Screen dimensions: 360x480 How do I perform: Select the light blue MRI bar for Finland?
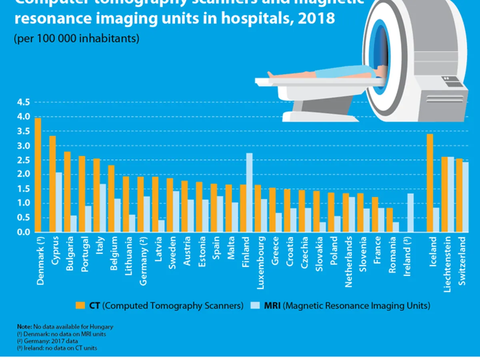(x=249, y=192)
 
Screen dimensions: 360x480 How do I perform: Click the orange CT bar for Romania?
(x=390, y=220)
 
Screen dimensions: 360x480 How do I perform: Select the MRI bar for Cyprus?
(x=59, y=202)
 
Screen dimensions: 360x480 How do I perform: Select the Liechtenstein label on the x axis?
(x=448, y=264)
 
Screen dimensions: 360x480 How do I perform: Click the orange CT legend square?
(x=80, y=306)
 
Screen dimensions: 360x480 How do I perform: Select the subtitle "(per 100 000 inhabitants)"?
(x=76, y=39)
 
